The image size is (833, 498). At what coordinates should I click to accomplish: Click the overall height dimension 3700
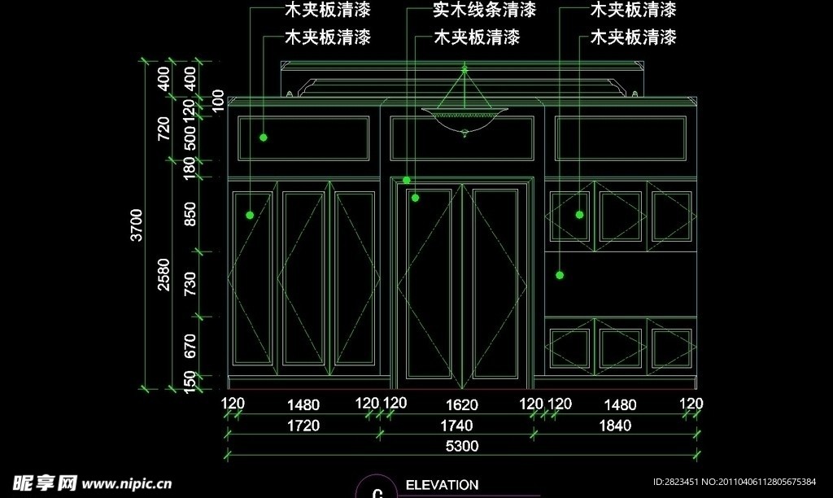point(137,225)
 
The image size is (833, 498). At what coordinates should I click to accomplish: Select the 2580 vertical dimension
point(164,278)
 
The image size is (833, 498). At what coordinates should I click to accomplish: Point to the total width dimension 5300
point(461,446)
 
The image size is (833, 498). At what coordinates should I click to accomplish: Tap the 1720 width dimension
point(303,425)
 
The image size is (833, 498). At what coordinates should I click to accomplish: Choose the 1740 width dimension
point(456,425)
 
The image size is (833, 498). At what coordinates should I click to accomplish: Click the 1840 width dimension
point(614,425)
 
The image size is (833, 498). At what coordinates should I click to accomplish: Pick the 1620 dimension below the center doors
point(462,404)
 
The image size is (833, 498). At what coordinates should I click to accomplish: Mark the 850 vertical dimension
point(190,215)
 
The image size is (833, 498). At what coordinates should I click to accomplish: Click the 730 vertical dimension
point(190,284)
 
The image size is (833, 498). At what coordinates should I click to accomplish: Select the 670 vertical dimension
point(190,346)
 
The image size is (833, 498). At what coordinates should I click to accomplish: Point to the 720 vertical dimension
point(164,127)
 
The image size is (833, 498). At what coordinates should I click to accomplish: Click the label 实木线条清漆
point(484,10)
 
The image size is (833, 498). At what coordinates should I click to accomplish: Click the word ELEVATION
point(441,485)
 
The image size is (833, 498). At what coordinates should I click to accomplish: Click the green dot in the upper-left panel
point(264,138)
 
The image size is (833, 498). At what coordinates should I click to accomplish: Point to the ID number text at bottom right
point(744,481)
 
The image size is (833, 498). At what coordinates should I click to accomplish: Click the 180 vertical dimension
point(190,168)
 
